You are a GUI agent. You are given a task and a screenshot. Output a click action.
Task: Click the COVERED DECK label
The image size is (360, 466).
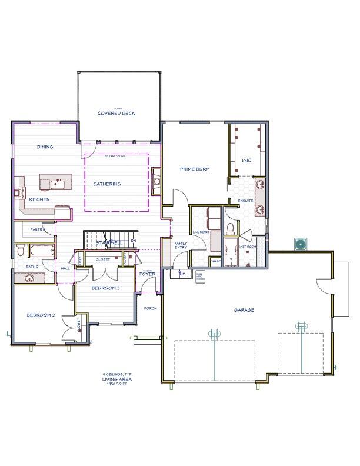(x=117, y=113)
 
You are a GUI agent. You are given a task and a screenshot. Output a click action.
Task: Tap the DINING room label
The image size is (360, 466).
(x=45, y=147)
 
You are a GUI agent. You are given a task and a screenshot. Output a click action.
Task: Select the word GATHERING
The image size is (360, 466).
(x=107, y=184)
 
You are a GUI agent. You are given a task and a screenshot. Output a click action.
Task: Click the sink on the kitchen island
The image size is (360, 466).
(x=56, y=184)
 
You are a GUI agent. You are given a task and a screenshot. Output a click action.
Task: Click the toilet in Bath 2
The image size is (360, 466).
(x=21, y=251)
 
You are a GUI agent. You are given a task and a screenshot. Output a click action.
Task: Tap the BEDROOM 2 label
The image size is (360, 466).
(x=41, y=315)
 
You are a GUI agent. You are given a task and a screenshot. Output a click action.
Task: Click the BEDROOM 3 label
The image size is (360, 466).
(x=106, y=288)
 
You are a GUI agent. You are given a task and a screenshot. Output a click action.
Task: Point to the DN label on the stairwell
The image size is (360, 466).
(x=134, y=241)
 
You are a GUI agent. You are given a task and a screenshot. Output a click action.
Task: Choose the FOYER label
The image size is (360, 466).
(x=147, y=274)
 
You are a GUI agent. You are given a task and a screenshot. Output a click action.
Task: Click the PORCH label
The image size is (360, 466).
(x=150, y=308)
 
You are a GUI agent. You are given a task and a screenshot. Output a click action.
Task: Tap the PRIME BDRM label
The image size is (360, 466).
(x=195, y=169)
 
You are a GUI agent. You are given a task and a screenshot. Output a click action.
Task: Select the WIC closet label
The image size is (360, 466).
(x=247, y=160)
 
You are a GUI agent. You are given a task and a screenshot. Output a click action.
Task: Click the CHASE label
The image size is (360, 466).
(x=215, y=261)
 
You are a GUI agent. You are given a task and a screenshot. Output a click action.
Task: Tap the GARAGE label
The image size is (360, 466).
(x=244, y=310)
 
